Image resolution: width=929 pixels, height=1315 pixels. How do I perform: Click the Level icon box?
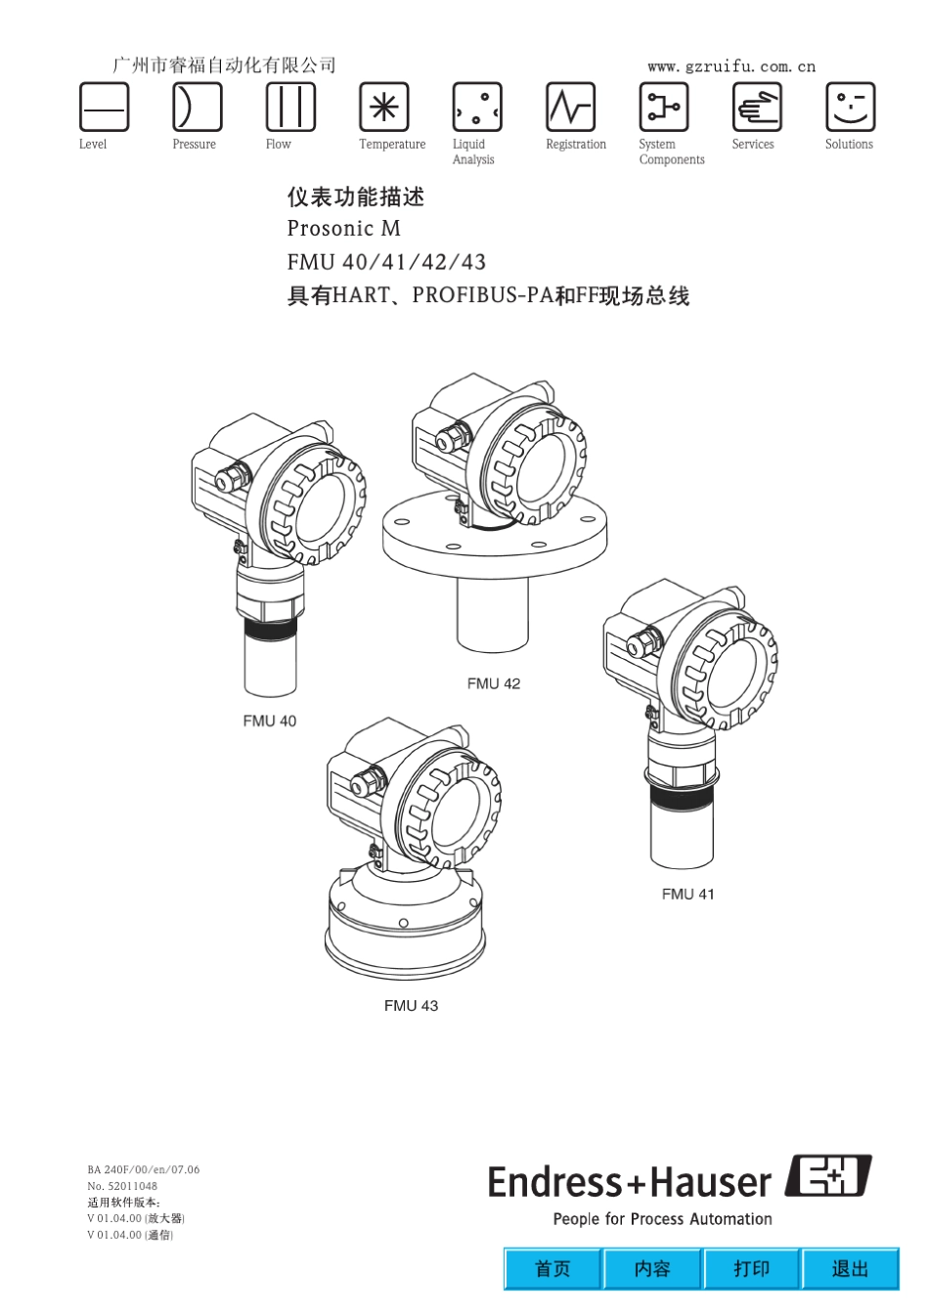[104, 107]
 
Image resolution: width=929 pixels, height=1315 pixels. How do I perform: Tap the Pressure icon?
[198, 107]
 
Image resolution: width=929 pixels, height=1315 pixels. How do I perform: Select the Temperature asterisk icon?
[384, 107]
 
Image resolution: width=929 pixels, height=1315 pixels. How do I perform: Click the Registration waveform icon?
[570, 107]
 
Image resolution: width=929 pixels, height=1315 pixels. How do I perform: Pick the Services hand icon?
[757, 107]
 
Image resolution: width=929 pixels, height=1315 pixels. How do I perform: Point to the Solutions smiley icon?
[851, 107]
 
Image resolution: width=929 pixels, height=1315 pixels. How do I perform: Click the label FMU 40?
[270, 721]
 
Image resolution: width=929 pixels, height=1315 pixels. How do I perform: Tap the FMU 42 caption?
[494, 683]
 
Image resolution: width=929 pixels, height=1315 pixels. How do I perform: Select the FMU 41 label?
[688, 894]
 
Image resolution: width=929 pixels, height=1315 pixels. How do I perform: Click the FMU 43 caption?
[411, 1006]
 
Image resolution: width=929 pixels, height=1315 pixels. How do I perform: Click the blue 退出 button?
[850, 1268]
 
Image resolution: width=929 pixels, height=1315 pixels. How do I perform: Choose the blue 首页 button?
[553, 1268]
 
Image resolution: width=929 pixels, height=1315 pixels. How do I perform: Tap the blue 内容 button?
[652, 1268]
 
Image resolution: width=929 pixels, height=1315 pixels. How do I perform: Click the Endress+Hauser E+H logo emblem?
[828, 1176]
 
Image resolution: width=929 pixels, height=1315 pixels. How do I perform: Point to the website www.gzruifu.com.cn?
[731, 66]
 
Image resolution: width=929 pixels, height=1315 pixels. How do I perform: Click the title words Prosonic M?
[343, 229]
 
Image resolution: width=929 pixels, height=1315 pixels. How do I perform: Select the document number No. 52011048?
[122, 1186]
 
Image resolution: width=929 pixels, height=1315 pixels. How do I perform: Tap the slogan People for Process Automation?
[662, 1219]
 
